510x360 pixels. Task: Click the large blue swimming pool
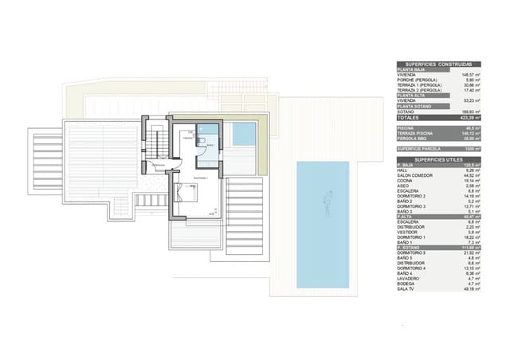pos(323,225)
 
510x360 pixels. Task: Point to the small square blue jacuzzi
pos(244,135)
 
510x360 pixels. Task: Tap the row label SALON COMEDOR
pos(413,174)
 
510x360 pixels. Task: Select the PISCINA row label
pos(406,127)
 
